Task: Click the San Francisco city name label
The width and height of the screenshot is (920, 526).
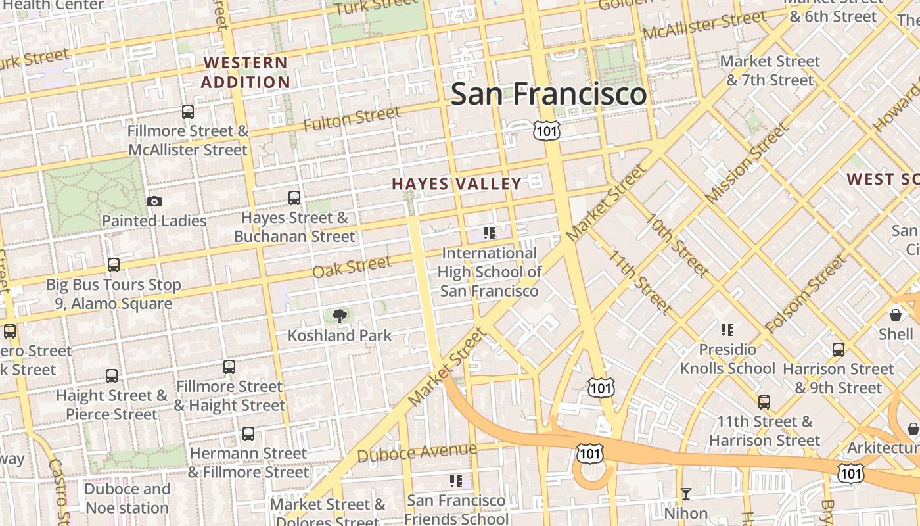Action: (549, 93)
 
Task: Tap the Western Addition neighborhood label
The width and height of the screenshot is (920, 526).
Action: (245, 72)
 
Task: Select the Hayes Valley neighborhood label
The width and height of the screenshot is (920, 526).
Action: (457, 184)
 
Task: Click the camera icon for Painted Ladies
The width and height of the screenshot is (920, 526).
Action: (154, 202)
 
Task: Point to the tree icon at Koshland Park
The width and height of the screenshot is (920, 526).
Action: (340, 316)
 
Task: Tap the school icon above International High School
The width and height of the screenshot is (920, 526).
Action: (489, 233)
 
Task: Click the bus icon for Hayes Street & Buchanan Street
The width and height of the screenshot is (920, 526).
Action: (294, 198)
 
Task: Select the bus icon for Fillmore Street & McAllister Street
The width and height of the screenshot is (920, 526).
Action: (188, 112)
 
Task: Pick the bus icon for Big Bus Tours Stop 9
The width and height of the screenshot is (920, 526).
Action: (114, 265)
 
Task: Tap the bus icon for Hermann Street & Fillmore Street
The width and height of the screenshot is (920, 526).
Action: (248, 434)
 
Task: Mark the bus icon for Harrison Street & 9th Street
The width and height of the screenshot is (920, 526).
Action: (838, 349)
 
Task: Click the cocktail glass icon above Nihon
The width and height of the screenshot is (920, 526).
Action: (686, 493)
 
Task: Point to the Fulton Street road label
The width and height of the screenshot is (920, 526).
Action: (352, 118)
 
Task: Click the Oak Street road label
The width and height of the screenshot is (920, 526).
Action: (352, 267)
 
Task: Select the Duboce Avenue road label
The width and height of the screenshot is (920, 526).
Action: (417, 452)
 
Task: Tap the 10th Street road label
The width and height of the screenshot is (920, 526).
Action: (676, 245)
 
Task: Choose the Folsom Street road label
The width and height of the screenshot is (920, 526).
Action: (806, 293)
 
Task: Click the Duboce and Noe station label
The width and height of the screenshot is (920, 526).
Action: (127, 498)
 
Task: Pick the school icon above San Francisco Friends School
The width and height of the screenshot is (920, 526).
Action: (455, 481)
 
